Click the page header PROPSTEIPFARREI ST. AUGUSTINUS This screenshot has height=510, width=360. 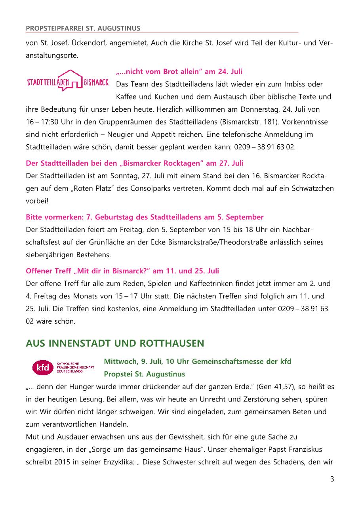(x=83, y=28)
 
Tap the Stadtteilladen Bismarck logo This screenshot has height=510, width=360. (x=68, y=80)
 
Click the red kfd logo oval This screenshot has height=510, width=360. (x=42, y=367)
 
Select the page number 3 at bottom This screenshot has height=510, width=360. (x=332, y=479)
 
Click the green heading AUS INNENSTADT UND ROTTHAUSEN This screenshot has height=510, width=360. (x=115, y=343)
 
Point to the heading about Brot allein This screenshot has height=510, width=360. (x=179, y=72)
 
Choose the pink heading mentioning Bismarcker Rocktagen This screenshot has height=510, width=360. (x=135, y=163)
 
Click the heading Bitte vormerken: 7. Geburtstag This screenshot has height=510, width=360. (x=145, y=217)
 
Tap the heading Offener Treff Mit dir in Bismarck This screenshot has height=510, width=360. (x=122, y=271)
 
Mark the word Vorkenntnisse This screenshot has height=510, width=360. (x=311, y=122)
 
